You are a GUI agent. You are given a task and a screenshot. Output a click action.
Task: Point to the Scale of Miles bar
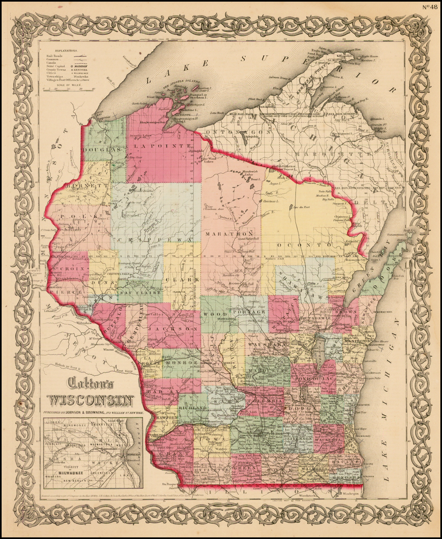coord(69,88)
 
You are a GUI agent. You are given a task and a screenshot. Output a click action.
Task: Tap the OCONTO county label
coord(294,245)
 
